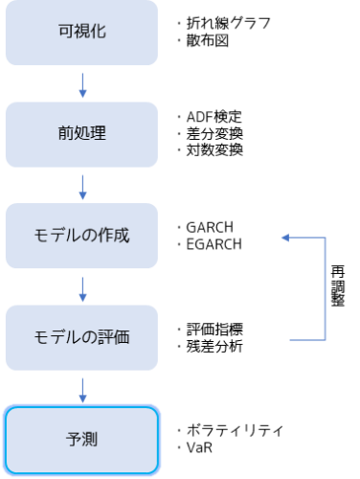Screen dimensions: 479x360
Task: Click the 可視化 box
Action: click(x=81, y=33)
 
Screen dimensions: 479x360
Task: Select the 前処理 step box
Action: click(x=81, y=134)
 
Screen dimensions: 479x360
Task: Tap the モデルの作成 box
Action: click(x=81, y=236)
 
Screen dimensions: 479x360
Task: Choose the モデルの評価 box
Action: click(x=81, y=337)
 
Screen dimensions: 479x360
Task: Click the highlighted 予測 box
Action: click(x=81, y=440)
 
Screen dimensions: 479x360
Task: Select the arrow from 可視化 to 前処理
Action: click(x=82, y=84)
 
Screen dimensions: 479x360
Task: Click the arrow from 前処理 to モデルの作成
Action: click(x=82, y=187)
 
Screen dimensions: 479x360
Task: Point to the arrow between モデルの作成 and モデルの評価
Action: click(x=82, y=288)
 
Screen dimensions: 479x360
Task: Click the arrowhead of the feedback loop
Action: click(x=285, y=238)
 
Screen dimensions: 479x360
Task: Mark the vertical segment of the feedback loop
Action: click(x=326, y=288)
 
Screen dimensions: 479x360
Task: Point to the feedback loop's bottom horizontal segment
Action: click(x=306, y=340)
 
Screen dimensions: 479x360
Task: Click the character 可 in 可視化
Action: click(x=65, y=32)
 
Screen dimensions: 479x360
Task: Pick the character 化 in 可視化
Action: click(x=98, y=32)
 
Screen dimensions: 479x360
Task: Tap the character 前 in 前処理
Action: click(x=65, y=133)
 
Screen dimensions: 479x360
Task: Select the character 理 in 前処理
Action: click(x=98, y=133)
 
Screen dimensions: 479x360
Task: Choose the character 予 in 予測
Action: click(x=73, y=440)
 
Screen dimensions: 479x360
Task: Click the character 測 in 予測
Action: click(x=90, y=440)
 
